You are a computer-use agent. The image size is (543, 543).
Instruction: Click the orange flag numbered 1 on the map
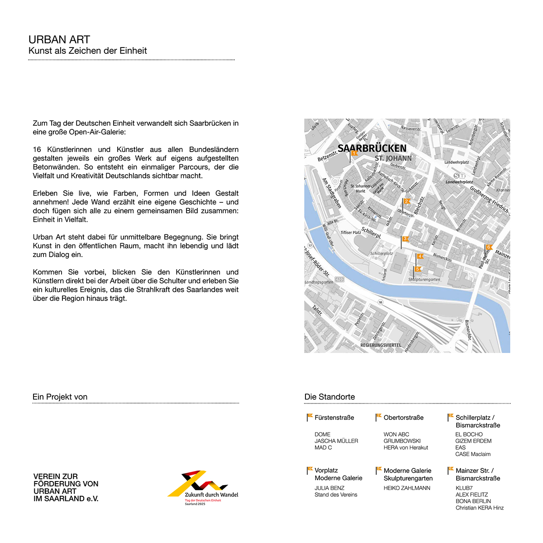(x=354, y=153)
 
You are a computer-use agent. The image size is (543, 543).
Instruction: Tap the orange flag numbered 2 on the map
(x=407, y=201)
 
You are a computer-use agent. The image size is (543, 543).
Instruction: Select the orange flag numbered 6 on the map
(x=489, y=247)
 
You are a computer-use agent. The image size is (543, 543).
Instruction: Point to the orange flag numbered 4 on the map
(x=420, y=257)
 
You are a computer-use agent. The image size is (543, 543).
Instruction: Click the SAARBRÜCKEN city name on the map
(x=372, y=148)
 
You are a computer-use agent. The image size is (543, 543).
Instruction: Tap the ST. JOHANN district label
(x=393, y=158)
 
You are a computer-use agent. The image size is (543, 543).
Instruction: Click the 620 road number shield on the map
(x=339, y=280)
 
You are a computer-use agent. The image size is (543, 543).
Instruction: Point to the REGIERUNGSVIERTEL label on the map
(x=381, y=345)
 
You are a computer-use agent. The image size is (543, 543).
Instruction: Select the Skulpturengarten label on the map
(x=424, y=280)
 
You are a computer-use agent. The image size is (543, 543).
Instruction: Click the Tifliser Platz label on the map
(x=351, y=233)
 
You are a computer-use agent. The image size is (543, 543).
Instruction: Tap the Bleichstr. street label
(x=419, y=205)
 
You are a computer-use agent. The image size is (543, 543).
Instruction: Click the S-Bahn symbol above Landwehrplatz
(x=459, y=176)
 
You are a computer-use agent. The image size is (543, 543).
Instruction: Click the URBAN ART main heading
(x=59, y=40)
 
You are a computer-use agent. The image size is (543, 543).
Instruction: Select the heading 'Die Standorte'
(x=329, y=397)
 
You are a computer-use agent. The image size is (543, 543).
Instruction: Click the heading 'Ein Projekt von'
(x=60, y=397)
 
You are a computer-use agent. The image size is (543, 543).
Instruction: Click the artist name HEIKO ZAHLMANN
(x=407, y=488)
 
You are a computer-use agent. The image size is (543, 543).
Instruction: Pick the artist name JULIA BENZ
(x=329, y=488)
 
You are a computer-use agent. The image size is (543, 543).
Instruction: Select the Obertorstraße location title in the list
(x=404, y=418)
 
